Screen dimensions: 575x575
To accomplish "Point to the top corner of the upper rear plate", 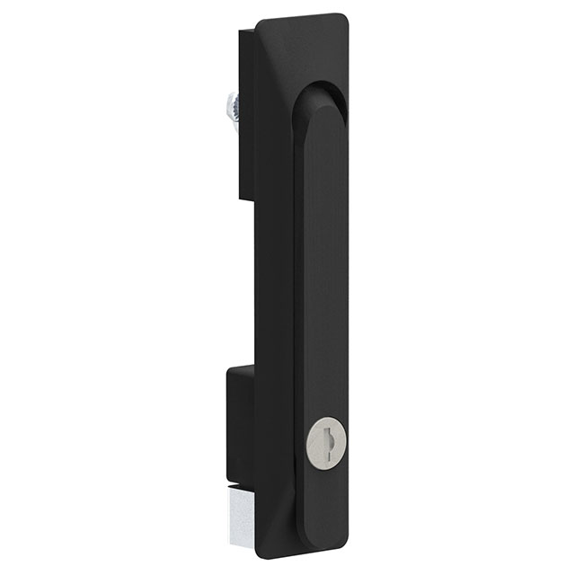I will (x=241, y=31).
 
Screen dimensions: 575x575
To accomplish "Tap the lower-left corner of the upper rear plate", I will (x=241, y=199).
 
